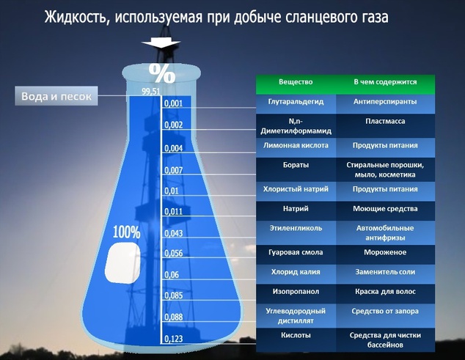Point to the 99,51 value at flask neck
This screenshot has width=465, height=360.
pos(150,92)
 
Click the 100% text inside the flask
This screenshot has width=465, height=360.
pos(126,232)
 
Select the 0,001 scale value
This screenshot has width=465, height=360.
pos(173,104)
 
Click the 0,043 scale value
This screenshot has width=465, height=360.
pos(174,233)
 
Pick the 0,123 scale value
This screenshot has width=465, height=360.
pos(174,338)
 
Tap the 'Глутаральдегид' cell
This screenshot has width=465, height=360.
pos(296,100)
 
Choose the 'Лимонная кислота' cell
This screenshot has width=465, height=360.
pos(296,145)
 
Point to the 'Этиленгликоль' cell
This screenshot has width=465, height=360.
pos(296,227)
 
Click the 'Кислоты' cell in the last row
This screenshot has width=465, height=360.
pos(296,335)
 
